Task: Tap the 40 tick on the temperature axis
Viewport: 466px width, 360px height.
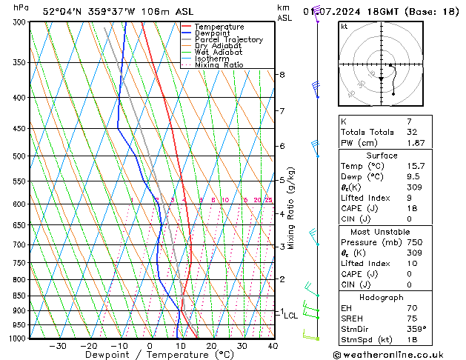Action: point(273,346)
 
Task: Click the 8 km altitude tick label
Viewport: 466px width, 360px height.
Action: point(282,75)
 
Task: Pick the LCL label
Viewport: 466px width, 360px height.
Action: point(290,316)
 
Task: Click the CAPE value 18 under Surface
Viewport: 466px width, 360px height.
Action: point(410,209)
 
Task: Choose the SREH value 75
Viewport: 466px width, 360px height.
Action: point(410,319)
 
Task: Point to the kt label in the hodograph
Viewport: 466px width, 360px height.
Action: point(344,26)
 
